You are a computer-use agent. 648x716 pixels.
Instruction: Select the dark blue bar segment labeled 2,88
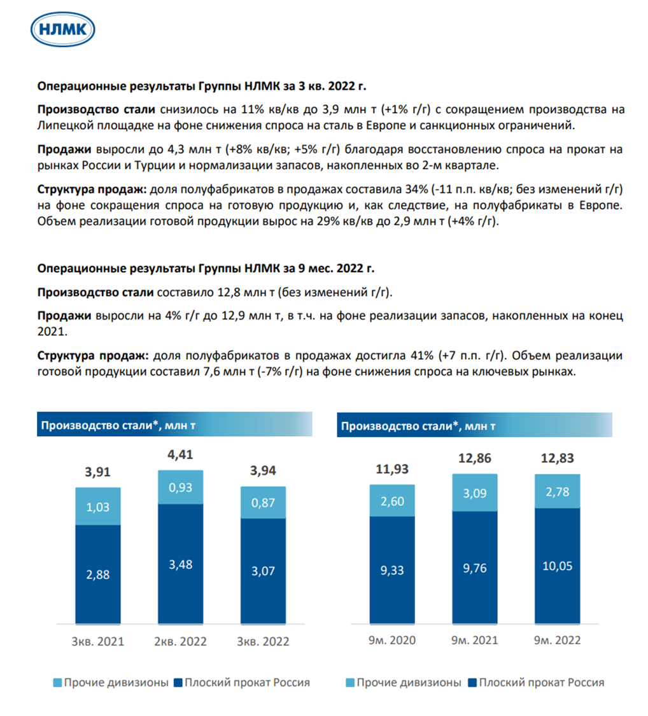coord(98,573)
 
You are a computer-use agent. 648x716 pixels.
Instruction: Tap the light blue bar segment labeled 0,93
coord(181,488)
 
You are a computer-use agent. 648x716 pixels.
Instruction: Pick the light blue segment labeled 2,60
coord(392,500)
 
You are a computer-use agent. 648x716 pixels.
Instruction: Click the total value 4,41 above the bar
coord(181,456)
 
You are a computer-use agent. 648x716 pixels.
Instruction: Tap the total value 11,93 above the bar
coord(392,469)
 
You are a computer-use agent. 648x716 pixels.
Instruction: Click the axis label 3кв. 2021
coord(98,641)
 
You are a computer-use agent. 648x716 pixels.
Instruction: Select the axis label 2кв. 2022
coord(181,641)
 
